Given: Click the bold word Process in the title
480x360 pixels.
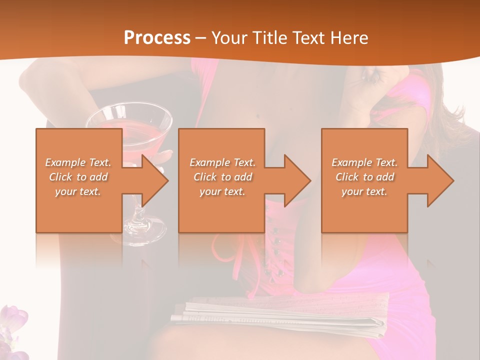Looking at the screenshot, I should [157, 38].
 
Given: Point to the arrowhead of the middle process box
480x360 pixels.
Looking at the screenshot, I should [296, 180].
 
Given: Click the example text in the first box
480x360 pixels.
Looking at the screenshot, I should [78, 177].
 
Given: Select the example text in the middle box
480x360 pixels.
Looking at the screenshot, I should [222, 177].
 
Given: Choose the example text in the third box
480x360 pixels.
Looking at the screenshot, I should [364, 177].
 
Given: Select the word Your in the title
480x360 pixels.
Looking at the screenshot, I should [228, 38].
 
